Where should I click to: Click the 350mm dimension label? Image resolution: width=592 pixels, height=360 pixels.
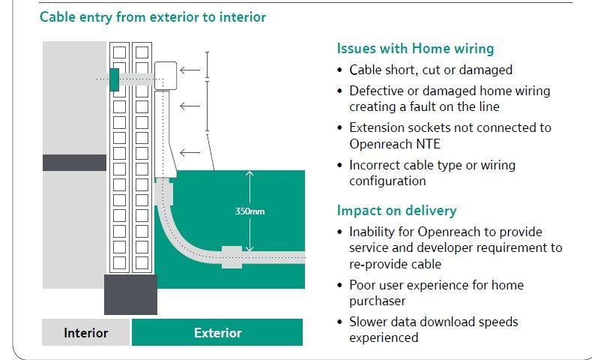[250, 211]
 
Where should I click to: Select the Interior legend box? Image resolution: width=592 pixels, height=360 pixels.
[85, 333]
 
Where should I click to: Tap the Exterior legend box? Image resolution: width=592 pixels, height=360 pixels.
[217, 333]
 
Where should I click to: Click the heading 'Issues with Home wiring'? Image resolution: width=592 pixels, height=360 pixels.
[415, 49]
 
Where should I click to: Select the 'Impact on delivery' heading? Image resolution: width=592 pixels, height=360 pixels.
[396, 211]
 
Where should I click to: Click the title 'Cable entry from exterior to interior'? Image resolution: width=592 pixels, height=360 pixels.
[153, 16]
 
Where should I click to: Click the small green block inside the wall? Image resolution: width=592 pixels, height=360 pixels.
[114, 79]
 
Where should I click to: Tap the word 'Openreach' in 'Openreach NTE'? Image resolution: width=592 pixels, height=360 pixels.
[378, 142]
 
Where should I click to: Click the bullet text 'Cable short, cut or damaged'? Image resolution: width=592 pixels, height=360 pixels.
[431, 70]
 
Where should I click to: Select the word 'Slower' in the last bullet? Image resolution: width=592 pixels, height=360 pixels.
[369, 322]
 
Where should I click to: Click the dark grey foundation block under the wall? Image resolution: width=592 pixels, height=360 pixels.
[130, 294]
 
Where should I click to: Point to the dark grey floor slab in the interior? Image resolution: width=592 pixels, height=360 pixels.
[74, 162]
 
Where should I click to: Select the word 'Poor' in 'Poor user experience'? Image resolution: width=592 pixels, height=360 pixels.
[363, 285]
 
